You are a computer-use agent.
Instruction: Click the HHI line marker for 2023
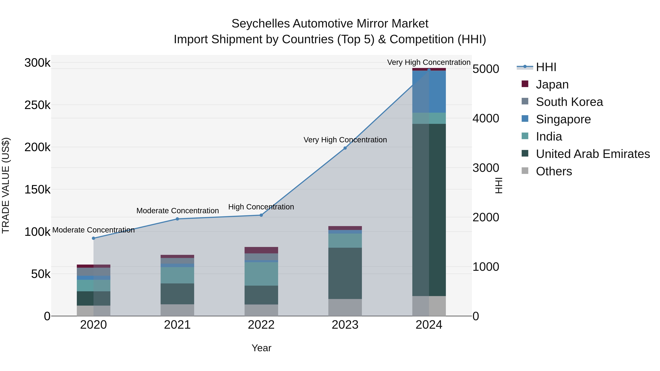(x=345, y=148)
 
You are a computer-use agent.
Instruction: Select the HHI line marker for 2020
(x=93, y=238)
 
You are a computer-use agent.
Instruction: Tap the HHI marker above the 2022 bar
(x=261, y=215)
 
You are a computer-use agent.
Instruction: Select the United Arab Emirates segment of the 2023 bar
(x=345, y=273)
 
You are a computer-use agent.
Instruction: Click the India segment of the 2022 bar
(x=261, y=274)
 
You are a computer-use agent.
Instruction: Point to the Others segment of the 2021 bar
(x=177, y=310)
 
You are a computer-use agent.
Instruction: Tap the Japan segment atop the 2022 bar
(x=261, y=250)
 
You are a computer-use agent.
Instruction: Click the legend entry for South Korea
(x=569, y=102)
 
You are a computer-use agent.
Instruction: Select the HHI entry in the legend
(x=546, y=67)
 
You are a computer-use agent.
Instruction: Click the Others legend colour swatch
(x=525, y=171)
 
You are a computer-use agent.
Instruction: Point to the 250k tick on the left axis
(x=37, y=105)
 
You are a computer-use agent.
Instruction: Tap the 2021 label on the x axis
(x=177, y=325)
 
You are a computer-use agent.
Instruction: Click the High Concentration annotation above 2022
(x=261, y=207)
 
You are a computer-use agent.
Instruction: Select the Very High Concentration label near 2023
(x=345, y=140)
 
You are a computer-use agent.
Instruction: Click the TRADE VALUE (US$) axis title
(x=6, y=185)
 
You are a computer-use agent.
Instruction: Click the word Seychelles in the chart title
(x=260, y=24)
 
